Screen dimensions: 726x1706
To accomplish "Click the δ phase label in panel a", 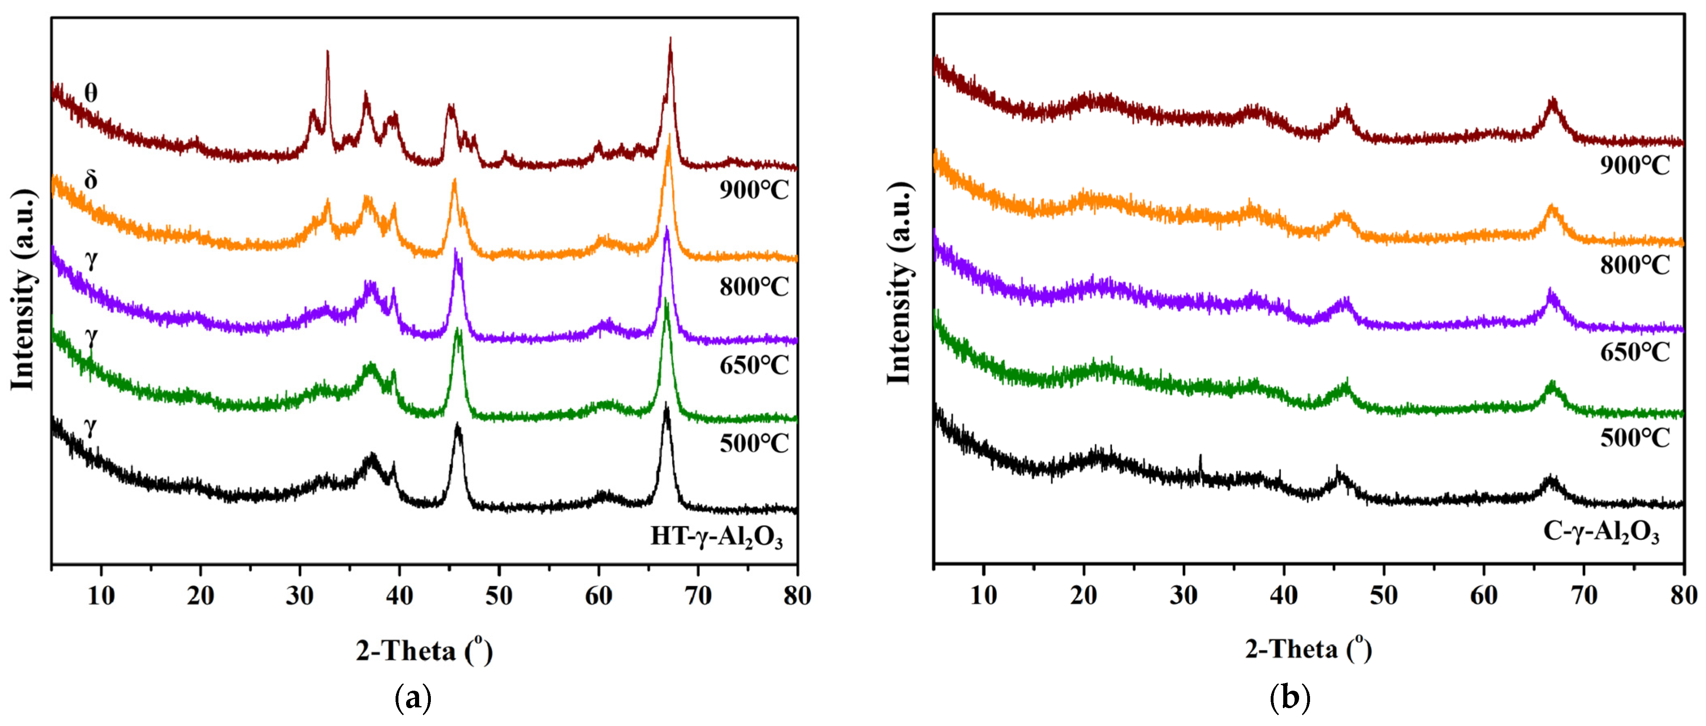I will point(91,179).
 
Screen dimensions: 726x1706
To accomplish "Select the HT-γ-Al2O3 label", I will point(716,536).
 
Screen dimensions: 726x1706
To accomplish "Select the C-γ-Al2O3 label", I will point(1601,531).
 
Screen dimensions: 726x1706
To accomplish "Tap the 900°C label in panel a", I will point(754,191).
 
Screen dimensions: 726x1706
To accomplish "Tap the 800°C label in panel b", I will point(1635,265).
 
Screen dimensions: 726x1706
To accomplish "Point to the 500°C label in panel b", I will point(1635,438).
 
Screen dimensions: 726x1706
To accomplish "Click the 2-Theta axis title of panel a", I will point(424,651).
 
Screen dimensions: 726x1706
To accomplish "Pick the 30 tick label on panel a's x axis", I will point(300,596).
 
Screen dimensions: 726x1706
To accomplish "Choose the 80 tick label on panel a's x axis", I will point(797,596).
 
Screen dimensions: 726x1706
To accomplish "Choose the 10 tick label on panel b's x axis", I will point(984,596).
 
